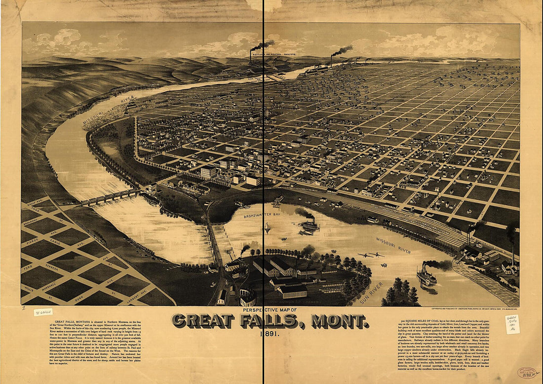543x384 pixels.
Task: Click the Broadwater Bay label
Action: point(262,215)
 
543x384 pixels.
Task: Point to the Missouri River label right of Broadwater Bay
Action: point(393,246)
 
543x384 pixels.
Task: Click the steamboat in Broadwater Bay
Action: point(310,225)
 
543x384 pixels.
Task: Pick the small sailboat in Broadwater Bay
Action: point(268,228)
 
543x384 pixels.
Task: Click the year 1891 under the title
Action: point(270,335)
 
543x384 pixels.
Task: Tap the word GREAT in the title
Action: point(203,321)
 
